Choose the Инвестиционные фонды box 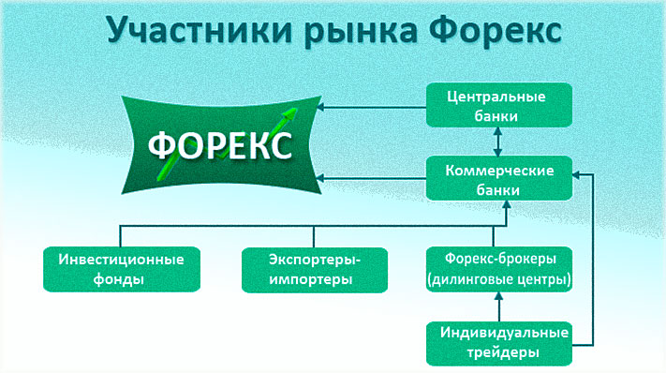pyautogui.click(x=114, y=269)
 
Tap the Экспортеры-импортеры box pyautogui.click(x=313, y=269)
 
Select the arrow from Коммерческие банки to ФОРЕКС pyautogui.click(x=375, y=178)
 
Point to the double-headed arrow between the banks pyautogui.click(x=497, y=142)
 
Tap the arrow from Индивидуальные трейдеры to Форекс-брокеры pyautogui.click(x=497, y=306)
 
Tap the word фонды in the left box pyautogui.click(x=114, y=279)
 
